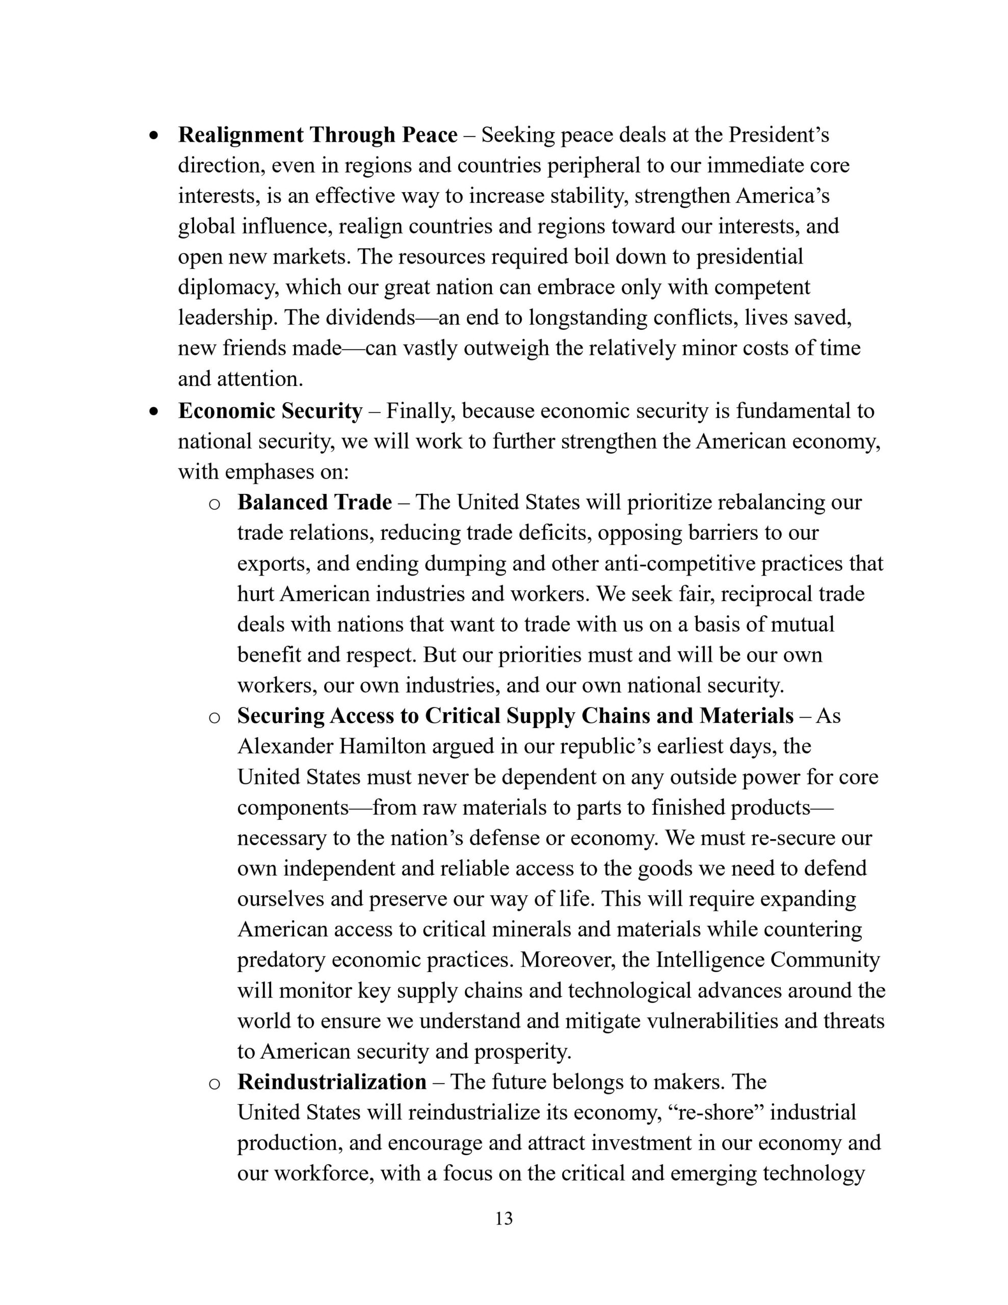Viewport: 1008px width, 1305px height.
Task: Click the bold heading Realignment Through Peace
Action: point(317,135)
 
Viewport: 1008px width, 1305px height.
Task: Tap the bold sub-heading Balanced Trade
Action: point(314,502)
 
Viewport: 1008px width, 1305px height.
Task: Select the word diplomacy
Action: point(228,288)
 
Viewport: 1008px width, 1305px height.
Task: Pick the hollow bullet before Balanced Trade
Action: point(215,504)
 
